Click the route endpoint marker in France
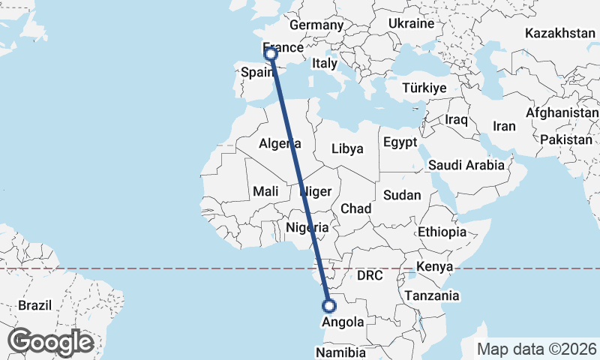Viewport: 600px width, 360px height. [x=271, y=53]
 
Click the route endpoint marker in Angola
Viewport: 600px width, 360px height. [x=328, y=305]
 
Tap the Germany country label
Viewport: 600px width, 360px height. [x=316, y=25]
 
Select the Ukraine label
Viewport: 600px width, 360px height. [x=411, y=24]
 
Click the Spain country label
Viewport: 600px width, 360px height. [x=256, y=73]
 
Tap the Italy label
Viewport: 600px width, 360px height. [x=325, y=64]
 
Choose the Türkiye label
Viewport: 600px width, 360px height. [x=424, y=88]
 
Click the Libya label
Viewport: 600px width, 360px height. [x=347, y=148]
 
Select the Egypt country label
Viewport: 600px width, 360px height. [x=399, y=142]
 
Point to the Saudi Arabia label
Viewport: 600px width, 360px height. [x=466, y=165]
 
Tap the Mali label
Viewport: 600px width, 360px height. [x=265, y=191]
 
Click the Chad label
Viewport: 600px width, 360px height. [x=355, y=208]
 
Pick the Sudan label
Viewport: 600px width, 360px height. [x=402, y=195]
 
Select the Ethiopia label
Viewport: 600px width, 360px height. [x=442, y=232]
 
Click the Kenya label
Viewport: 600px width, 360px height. [x=434, y=266]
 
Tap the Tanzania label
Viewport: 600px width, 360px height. [x=431, y=296]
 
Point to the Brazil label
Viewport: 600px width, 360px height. [x=34, y=306]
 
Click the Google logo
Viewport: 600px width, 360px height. [x=50, y=342]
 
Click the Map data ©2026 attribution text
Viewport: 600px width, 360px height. [x=537, y=349]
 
